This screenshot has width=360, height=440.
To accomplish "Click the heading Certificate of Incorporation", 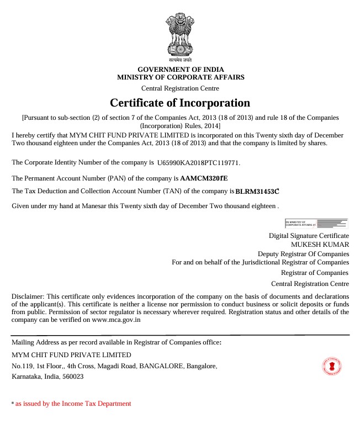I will [x=180, y=103].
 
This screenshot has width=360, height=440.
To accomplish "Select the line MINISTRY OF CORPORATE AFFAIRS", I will [x=180, y=77].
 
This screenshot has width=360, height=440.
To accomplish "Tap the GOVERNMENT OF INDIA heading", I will [x=180, y=69].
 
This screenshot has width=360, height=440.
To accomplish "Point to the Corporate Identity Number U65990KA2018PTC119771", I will [x=199, y=163].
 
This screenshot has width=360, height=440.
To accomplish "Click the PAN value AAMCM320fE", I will [x=204, y=178].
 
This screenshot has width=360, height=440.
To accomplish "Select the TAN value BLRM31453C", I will [x=257, y=192].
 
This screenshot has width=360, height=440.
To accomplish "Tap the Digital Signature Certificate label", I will [x=309, y=235].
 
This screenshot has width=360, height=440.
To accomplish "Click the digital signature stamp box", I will [x=316, y=223].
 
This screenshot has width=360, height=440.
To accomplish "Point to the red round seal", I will [x=332, y=366].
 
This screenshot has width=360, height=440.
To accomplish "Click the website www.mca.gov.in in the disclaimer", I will [x=116, y=319].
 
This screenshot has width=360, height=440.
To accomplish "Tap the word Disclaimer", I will [x=28, y=296].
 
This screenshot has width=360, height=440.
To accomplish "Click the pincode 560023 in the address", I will [x=74, y=377].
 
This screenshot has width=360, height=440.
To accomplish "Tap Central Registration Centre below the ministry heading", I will [x=180, y=88].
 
